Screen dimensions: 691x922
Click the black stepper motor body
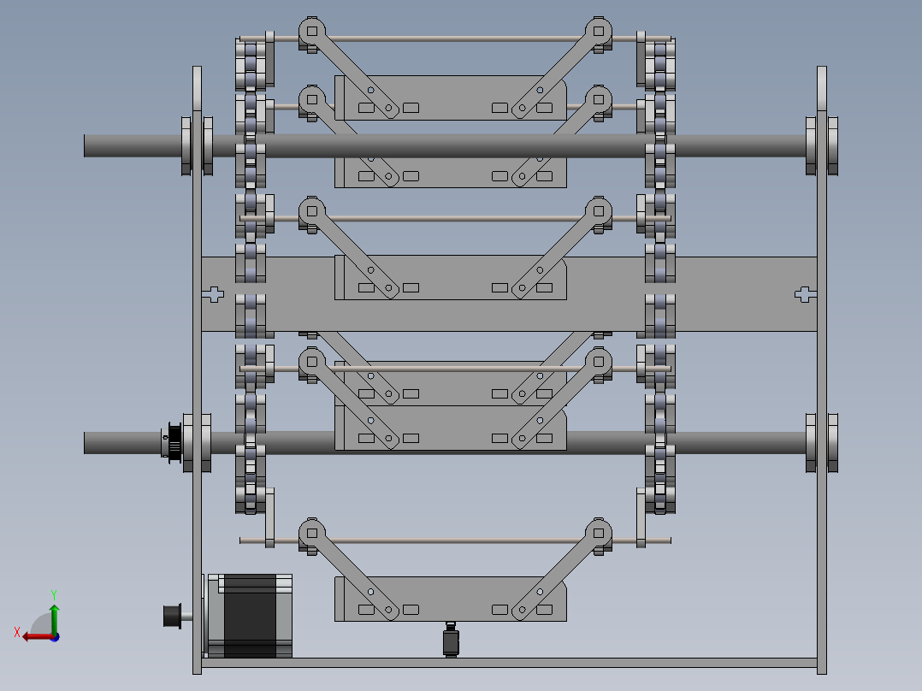click(x=250, y=616)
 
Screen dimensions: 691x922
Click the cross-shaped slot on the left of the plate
click(x=213, y=294)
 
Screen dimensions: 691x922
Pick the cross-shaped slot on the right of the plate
click(x=804, y=294)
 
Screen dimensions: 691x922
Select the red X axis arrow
click(x=34, y=636)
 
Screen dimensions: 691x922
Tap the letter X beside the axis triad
click(x=16, y=632)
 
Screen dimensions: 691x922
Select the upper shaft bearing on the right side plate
click(x=822, y=145)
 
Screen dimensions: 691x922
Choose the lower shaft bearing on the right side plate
click(x=822, y=442)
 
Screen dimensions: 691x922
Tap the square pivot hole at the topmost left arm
click(x=311, y=32)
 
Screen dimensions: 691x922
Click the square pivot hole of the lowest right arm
click(x=598, y=532)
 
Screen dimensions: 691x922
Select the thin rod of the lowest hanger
click(x=453, y=540)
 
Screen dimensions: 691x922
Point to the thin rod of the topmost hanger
click(x=453, y=38)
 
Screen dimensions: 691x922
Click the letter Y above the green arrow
click(x=53, y=594)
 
